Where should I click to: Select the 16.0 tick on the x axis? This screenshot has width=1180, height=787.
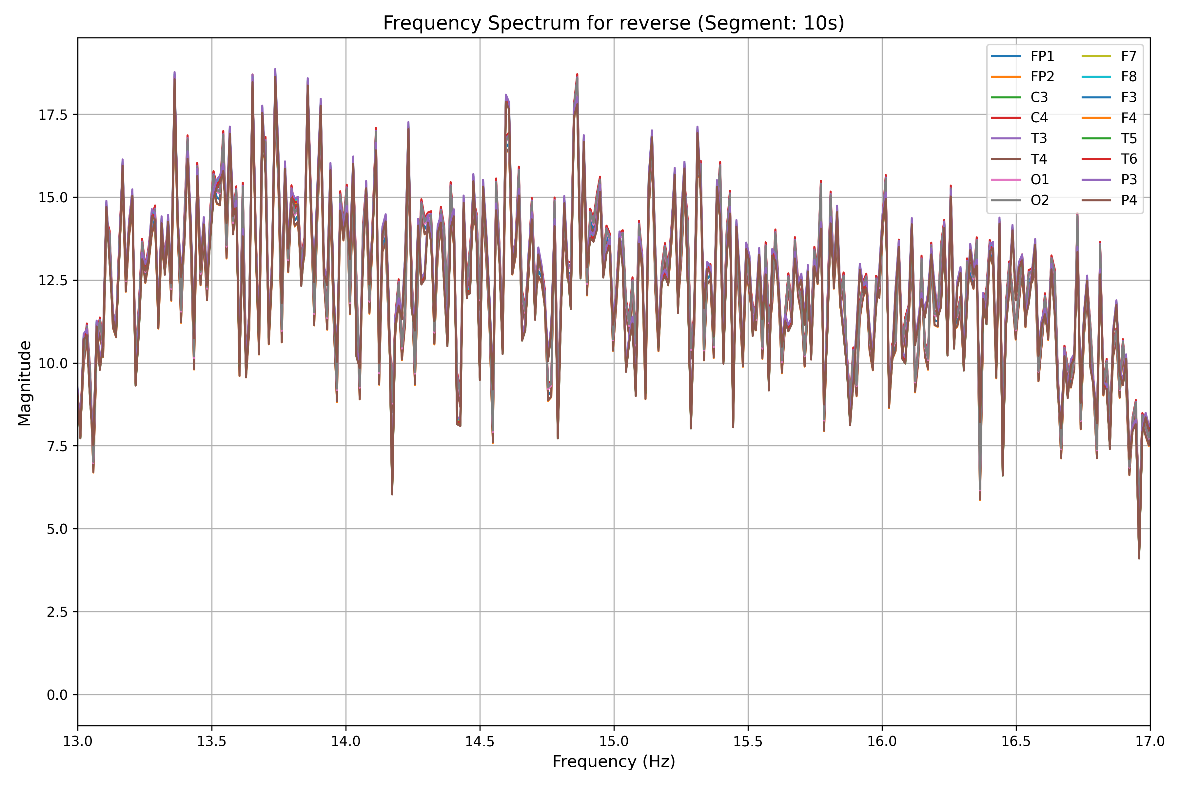882,742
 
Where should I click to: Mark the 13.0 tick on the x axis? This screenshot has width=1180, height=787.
78,742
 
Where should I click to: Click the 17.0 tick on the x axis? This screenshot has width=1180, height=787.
1150,742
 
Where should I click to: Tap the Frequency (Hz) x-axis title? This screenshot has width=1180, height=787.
614,762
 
